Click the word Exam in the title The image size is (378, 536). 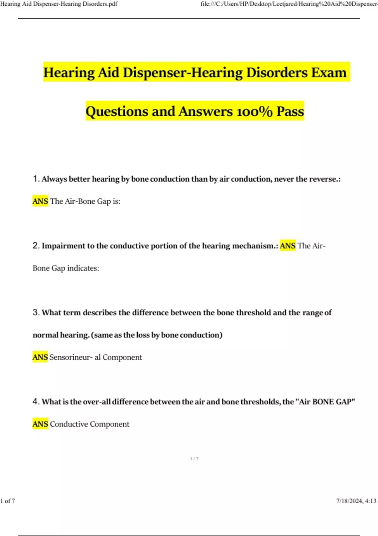coord(329,73)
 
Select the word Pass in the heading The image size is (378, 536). coord(290,112)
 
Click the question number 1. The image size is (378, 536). coord(36,179)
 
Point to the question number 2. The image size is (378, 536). coord(36,246)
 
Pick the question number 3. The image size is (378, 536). coord(36,312)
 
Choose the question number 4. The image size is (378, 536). coord(36,401)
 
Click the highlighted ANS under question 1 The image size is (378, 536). coord(40,201)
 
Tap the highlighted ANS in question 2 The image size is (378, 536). coord(288,246)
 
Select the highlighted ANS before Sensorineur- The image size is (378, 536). coord(40,357)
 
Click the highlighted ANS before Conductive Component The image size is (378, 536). coord(40,424)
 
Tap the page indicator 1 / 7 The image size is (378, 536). coord(194,459)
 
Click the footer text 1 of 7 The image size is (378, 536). coord(8,501)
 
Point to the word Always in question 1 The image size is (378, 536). coord(54,179)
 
